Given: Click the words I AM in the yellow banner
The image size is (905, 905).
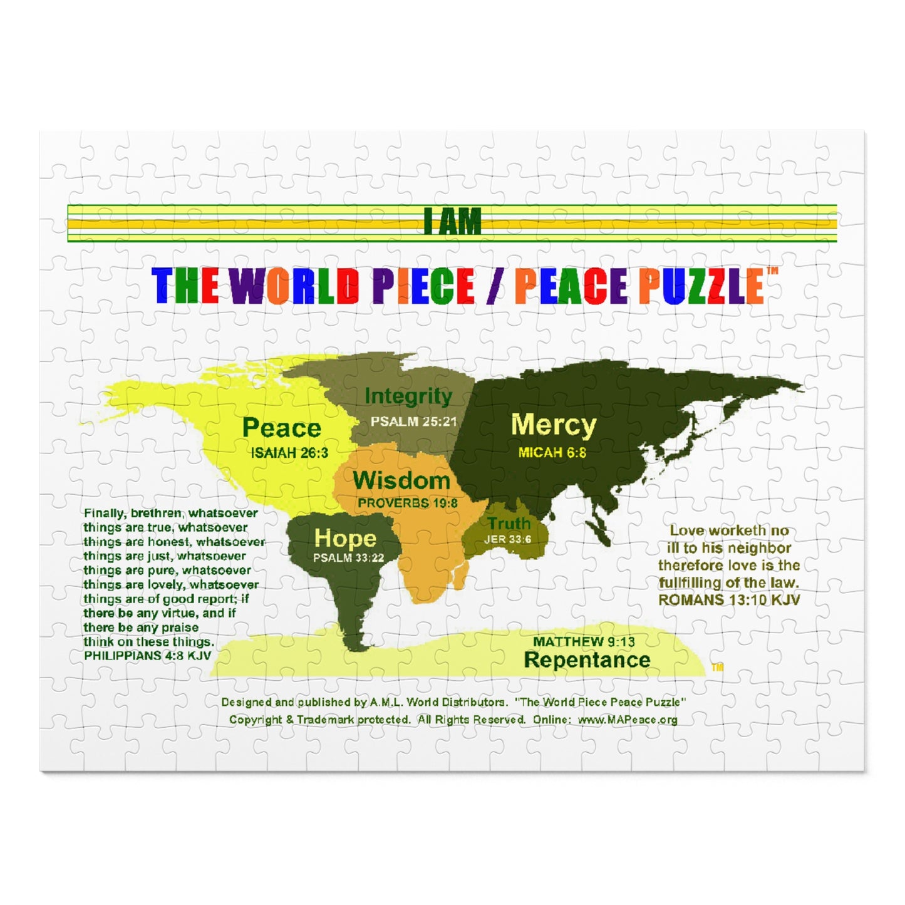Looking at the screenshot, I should coord(452,222).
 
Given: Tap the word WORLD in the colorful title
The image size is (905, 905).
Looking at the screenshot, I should coord(294,286).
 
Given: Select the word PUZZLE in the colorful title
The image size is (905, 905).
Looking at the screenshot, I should coord(701,286).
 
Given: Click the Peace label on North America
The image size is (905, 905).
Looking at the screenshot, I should coord(281,428).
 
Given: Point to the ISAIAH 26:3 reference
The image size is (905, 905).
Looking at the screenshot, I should coord(289,453).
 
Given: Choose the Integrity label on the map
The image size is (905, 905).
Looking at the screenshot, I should coord(408,396).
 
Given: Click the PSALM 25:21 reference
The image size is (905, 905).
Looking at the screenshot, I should coord(414,421).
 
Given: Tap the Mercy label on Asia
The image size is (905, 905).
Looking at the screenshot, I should coord(553,425).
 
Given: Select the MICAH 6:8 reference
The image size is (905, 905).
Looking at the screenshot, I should coord(552,452).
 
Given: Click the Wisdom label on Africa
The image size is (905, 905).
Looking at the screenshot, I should coord(401,480).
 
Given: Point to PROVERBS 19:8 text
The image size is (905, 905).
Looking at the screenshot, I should coord(408,503).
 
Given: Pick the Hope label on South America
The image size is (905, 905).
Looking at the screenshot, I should coord(345,538).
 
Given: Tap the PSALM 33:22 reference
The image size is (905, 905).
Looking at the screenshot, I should coord(349,557).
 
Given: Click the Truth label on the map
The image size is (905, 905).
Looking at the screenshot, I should coord(509,523).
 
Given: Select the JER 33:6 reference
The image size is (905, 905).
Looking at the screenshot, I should coord(507,539).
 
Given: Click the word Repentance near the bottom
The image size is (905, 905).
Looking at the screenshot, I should coord(587,659).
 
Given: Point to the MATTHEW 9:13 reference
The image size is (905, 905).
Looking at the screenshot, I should coord(584,641).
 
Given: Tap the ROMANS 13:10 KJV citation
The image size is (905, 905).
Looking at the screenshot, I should coord(729,599).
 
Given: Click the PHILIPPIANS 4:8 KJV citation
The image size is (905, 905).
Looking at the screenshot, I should coord(148,656).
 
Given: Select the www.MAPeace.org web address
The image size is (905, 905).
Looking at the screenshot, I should coord(627,720).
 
